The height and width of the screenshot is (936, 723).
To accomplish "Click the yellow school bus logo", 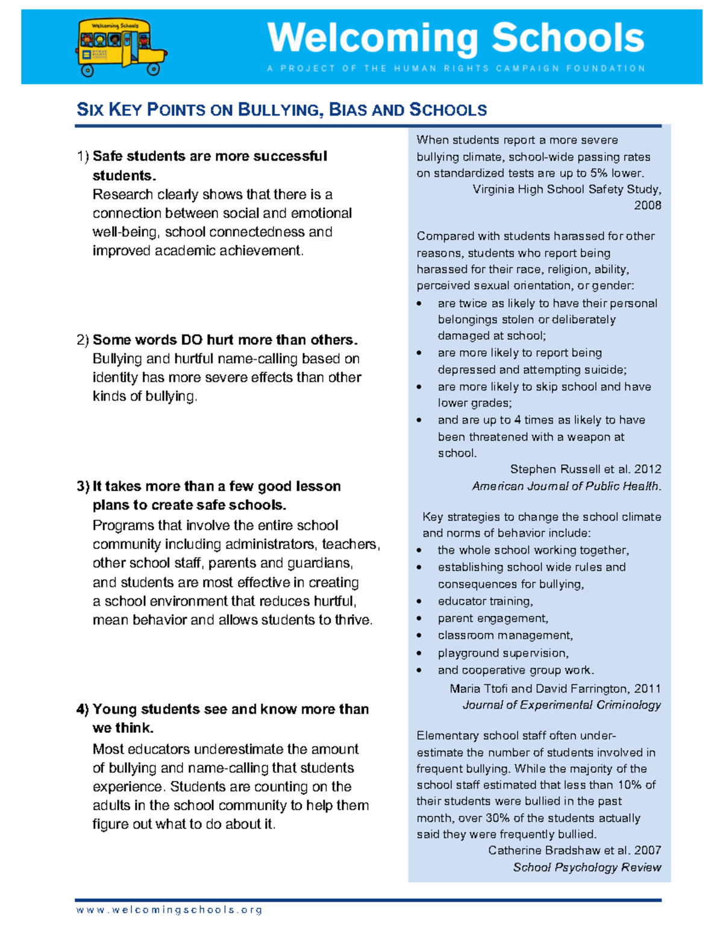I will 120,47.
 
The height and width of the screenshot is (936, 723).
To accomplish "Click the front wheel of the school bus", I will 154,69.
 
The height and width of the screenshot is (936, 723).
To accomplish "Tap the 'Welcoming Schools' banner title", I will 455,38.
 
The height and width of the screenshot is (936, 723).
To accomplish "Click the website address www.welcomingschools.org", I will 169,910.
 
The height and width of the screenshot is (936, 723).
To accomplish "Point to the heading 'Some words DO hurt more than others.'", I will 225,340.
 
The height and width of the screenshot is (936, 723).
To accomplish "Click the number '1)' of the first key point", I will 83,157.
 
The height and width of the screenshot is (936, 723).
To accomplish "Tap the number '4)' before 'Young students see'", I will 83,709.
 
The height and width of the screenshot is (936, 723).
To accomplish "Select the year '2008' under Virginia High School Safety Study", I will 647,206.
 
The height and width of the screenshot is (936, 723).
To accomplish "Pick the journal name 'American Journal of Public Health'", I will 566,486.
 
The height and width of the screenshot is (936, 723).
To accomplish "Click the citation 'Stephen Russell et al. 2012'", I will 586,470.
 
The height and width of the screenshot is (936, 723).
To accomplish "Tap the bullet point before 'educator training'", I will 419,602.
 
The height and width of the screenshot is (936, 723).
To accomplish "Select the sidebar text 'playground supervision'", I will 502,653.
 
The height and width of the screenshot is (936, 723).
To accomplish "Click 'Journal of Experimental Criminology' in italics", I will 562,705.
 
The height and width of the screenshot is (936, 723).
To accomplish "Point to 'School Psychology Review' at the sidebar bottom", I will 587,867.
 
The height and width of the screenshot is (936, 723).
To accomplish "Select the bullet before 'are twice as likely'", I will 419,304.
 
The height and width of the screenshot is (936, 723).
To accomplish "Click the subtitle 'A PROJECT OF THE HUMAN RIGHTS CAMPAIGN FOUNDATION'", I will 456,69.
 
